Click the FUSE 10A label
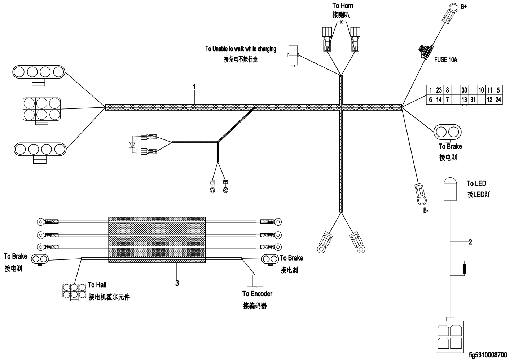[x=445, y=60]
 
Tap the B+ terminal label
[x=463, y=6]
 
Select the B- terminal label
[x=426, y=210]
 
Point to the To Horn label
[x=342, y=6]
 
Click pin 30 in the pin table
[x=464, y=90]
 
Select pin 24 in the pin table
[x=498, y=100]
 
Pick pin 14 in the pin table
[x=439, y=100]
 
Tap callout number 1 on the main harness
[x=194, y=87]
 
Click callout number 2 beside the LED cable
[x=470, y=242]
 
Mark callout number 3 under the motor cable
[x=177, y=283]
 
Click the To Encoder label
[x=257, y=294]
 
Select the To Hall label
[x=97, y=285]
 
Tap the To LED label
[x=476, y=183]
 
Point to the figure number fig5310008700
[x=488, y=355]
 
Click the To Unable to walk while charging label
[x=241, y=49]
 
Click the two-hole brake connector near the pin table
[x=448, y=132]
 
